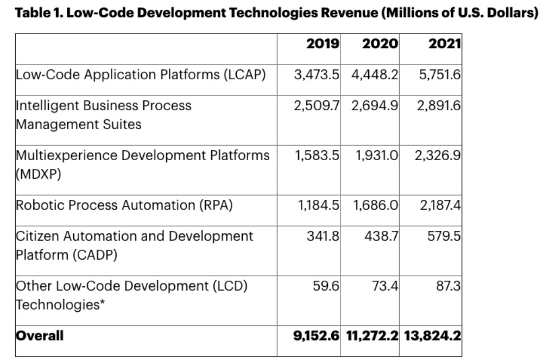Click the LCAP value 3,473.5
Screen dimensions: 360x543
[317, 74]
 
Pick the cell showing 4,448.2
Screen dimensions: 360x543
[375, 74]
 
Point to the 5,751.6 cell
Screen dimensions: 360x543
[439, 74]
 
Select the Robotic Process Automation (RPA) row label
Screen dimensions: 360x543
[124, 205]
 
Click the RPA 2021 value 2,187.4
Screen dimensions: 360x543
[439, 205]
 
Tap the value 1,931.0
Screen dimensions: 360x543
[377, 155]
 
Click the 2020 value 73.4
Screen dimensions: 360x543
[386, 286]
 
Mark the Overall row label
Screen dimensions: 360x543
[40, 336]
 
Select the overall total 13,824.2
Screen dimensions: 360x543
[432, 336]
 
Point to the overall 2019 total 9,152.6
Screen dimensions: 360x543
[317, 336]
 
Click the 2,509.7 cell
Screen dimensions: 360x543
[317, 105]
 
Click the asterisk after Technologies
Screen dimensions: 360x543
[102, 304]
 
